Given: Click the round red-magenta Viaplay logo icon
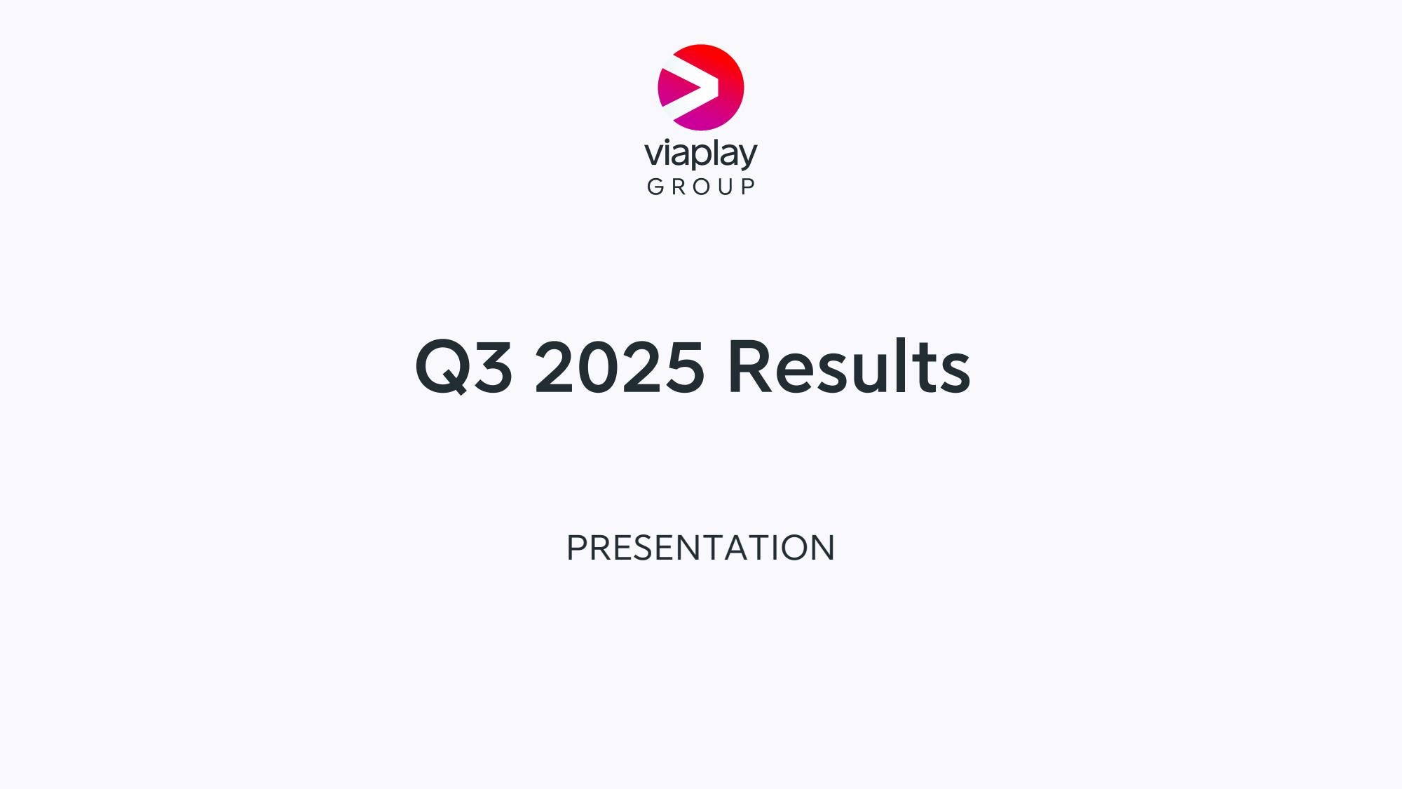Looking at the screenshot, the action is pyautogui.click(x=701, y=87).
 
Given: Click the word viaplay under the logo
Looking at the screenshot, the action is pyautogui.click(x=701, y=154).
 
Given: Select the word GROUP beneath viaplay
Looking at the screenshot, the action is pyautogui.click(x=701, y=187).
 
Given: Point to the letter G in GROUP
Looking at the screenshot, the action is pyautogui.click(x=655, y=187).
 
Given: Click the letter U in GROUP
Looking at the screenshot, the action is pyautogui.click(x=725, y=187).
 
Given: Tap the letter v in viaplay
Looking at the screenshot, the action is pyautogui.click(x=653, y=154).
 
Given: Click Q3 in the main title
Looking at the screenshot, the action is pyautogui.click(x=464, y=367).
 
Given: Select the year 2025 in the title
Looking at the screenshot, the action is pyautogui.click(x=619, y=367).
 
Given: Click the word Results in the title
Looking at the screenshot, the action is pyautogui.click(x=849, y=365).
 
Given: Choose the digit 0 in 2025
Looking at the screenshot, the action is pyautogui.click(x=599, y=366).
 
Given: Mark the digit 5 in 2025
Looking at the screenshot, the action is pyautogui.click(x=683, y=366).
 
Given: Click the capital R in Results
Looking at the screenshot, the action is pyautogui.click(x=751, y=365).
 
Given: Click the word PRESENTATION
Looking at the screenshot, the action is pyautogui.click(x=701, y=548).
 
